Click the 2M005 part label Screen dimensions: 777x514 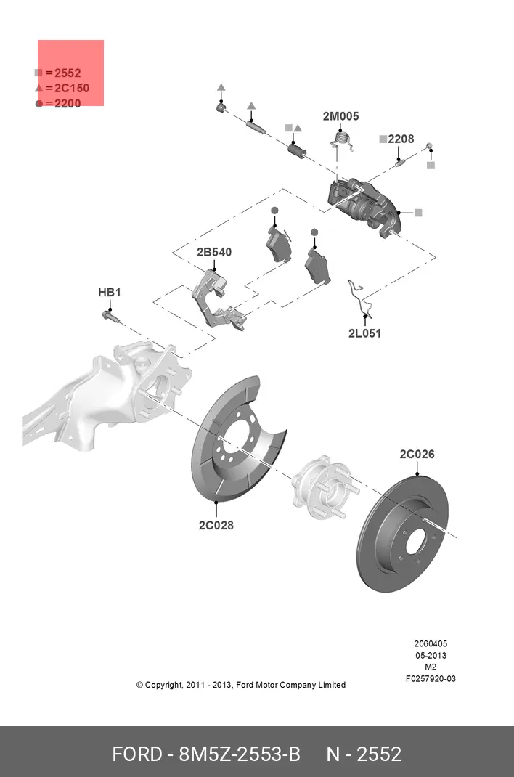[340, 116]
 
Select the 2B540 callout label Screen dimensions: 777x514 [214, 252]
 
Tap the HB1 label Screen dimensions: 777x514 [110, 293]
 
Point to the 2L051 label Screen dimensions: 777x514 [364, 334]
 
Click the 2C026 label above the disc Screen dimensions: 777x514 [417, 455]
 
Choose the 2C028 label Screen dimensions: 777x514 [216, 525]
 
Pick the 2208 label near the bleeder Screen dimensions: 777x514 [400, 139]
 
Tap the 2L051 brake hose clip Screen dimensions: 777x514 [361, 298]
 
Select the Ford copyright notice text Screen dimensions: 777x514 [241, 685]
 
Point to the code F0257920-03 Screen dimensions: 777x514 [431, 679]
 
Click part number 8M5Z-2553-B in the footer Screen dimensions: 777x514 [239, 754]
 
